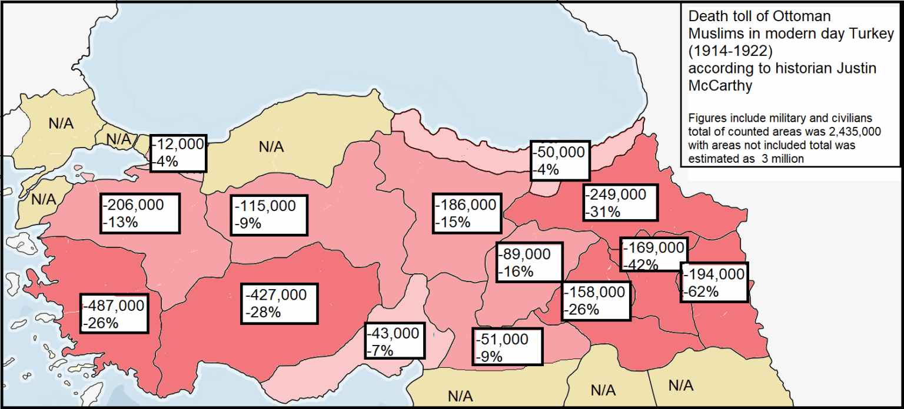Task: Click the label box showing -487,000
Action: [x=114, y=314]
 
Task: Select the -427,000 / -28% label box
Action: [x=279, y=303]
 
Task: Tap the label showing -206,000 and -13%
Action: [x=139, y=213]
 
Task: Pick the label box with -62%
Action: [x=714, y=282]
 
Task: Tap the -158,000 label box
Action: [x=596, y=300]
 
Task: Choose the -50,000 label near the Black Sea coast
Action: [x=559, y=161]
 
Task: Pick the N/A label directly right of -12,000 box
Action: [x=271, y=147]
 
